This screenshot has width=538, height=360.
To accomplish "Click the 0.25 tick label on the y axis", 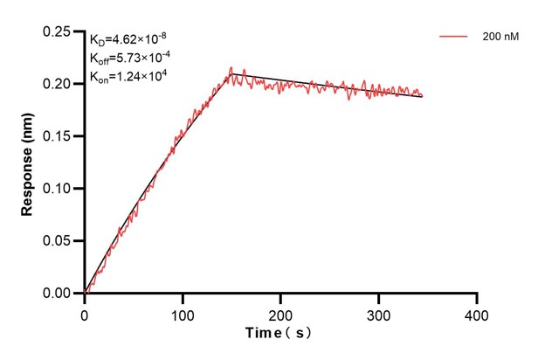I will [59, 32].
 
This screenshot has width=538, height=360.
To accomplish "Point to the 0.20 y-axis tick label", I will [59, 84].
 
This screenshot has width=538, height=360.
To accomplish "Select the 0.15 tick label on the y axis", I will [59, 136].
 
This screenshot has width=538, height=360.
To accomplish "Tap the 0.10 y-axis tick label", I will [59, 189].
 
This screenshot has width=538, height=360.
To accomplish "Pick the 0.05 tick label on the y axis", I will [59, 241].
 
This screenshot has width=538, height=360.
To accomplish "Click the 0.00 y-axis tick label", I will [59, 294].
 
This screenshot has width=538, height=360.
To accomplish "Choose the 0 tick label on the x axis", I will [85, 313].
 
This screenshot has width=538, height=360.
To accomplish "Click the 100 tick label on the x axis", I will [183, 313].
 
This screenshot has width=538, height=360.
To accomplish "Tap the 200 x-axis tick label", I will [280, 313].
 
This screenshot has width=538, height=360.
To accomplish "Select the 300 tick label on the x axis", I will [378, 313].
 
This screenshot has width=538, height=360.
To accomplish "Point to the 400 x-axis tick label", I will [476, 313].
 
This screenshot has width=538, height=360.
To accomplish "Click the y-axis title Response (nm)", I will [29, 163].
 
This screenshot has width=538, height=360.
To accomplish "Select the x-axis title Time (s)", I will [279, 334].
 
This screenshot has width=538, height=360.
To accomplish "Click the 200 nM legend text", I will [500, 38].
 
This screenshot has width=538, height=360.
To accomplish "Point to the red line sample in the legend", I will [454, 38].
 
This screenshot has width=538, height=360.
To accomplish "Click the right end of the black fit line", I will [423, 97].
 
